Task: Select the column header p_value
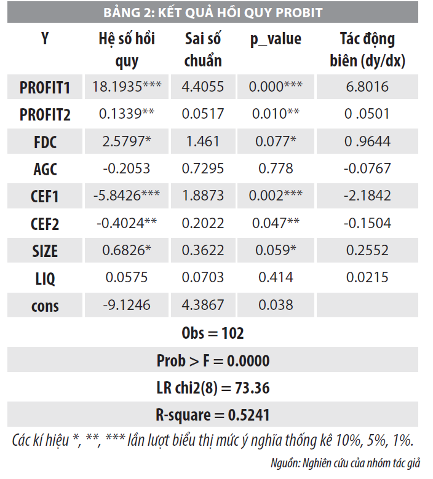(276, 39)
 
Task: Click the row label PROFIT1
(45, 87)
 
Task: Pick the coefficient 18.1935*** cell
(127, 87)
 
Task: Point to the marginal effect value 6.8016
(367, 87)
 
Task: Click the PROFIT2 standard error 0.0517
(202, 114)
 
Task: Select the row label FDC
(45, 142)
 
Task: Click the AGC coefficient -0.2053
(127, 169)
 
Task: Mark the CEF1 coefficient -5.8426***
(127, 196)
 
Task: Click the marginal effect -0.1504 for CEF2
(367, 224)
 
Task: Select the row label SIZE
(45, 251)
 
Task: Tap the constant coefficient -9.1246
(127, 306)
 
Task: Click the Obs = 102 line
(213, 333)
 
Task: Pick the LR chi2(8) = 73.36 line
(213, 388)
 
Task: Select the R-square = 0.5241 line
(213, 415)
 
